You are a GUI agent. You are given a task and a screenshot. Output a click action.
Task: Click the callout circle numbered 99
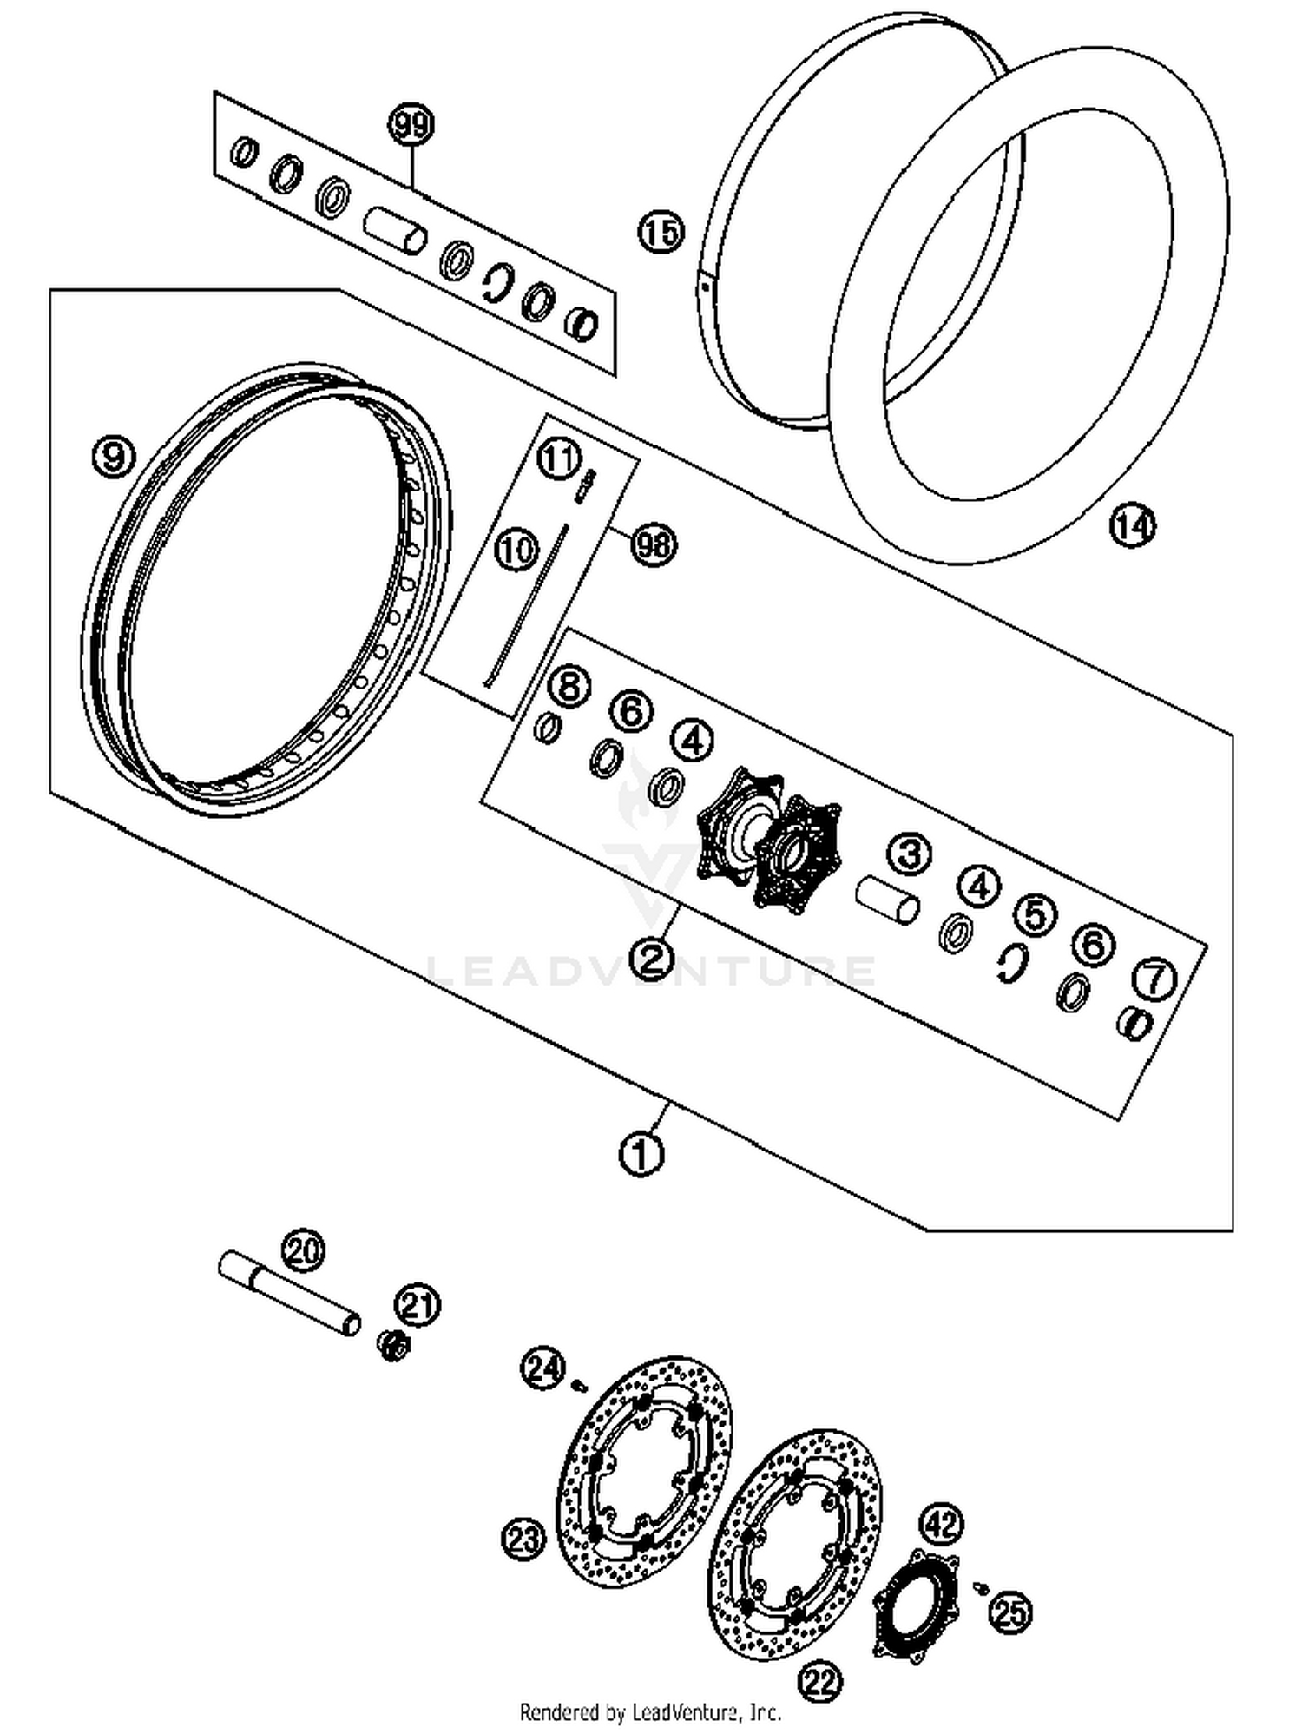(411, 126)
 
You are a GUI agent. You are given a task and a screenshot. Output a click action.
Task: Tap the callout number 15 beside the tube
(661, 233)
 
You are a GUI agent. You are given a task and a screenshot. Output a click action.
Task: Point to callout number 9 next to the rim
(114, 455)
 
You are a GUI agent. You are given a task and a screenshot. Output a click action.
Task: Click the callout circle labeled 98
(654, 544)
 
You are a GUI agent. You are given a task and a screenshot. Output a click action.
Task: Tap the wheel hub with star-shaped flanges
(769, 838)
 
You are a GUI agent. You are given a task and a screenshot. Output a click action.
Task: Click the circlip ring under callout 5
(1012, 962)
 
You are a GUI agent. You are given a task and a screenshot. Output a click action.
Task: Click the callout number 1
(641, 1154)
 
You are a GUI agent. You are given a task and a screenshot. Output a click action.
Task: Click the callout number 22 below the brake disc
(820, 1683)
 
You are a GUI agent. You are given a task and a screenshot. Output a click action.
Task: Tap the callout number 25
(1011, 1612)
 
